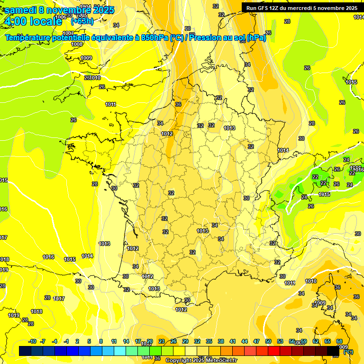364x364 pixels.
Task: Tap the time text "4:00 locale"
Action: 33,21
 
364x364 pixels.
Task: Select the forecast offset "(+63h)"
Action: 82,21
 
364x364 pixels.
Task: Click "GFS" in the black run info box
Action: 264,8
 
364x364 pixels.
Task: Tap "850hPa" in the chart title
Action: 155,38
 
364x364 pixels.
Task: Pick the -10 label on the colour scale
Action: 32,342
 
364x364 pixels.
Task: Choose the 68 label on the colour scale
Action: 339,342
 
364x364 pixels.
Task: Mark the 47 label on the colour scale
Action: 256,342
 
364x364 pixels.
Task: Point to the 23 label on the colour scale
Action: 162,342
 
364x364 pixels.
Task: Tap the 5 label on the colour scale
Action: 90,342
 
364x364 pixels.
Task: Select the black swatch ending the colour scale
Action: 333,351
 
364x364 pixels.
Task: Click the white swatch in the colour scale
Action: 191,351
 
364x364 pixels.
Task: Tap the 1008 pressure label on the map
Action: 77,44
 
